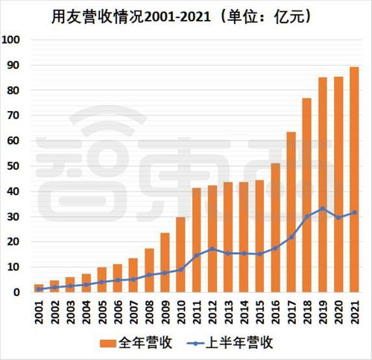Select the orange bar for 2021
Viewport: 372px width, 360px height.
tap(354, 179)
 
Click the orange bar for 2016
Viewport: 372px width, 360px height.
tap(275, 227)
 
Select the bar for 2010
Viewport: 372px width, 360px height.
tap(181, 254)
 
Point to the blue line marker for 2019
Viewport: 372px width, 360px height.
tap(322, 209)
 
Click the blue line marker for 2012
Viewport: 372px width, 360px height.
tap(212, 249)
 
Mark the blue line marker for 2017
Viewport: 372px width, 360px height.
tap(291, 237)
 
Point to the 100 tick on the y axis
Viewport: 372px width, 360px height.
tap(13, 40)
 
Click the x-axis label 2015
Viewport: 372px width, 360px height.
tap(259, 311)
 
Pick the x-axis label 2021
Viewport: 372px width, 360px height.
tap(354, 311)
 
